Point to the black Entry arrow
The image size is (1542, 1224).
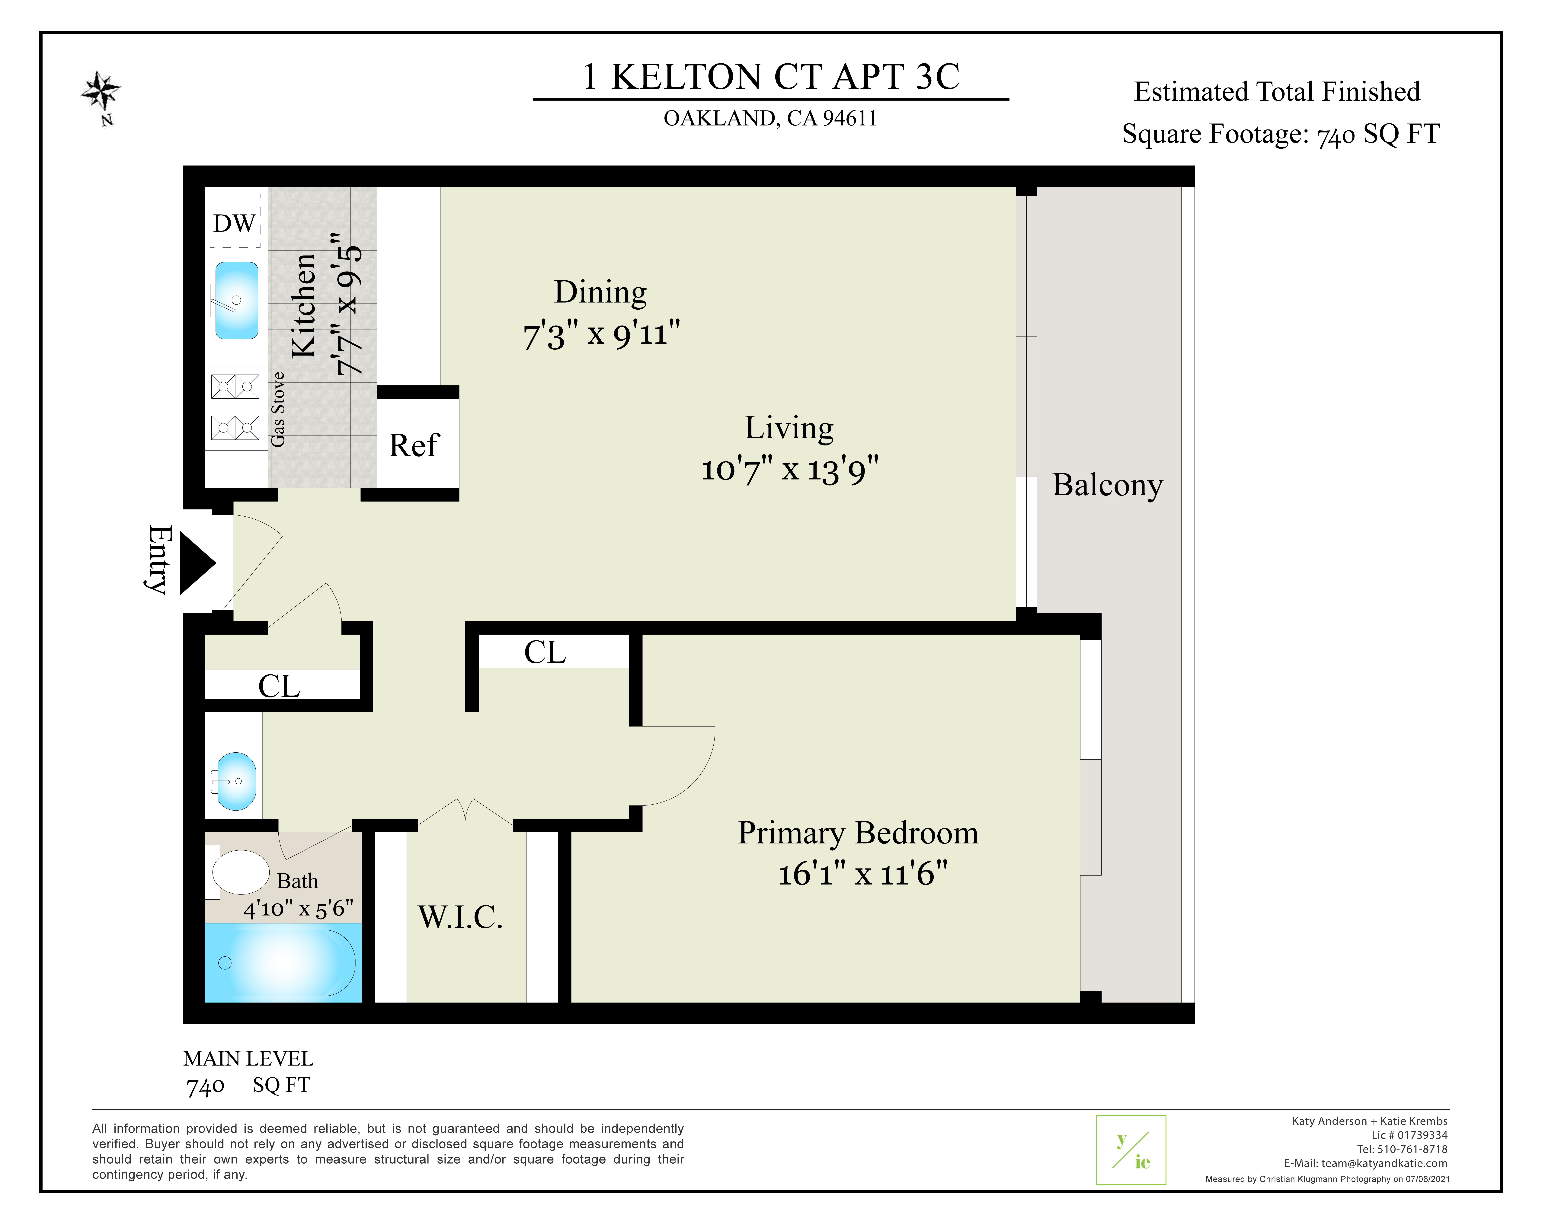(x=197, y=563)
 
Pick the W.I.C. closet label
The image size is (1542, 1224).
(x=461, y=917)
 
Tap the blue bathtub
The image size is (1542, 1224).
(x=283, y=962)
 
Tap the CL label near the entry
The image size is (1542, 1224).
(x=279, y=686)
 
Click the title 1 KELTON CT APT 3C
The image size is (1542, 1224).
(x=771, y=76)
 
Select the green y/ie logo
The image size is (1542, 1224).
(x=1131, y=1150)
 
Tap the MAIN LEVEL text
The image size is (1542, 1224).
(x=248, y=1059)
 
